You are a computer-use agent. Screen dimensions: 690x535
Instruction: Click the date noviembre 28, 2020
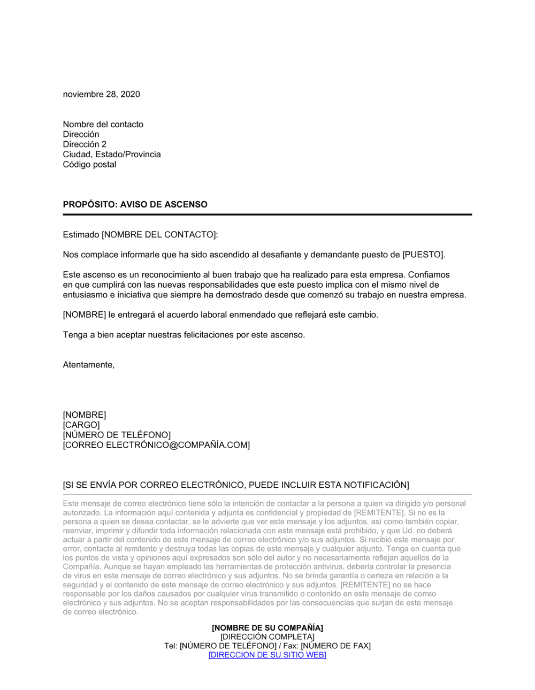[102, 95]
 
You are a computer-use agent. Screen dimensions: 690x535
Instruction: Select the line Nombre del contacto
[103, 125]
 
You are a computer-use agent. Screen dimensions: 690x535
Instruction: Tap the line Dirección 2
[85, 144]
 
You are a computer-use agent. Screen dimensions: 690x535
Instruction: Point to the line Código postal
[89, 165]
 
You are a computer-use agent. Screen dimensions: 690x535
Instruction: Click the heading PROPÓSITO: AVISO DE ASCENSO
[135, 205]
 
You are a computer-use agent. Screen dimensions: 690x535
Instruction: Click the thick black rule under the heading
[267, 214]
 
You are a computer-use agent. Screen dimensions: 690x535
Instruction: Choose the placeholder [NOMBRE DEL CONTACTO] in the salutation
[159, 235]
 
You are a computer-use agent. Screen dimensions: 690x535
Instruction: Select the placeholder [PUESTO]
[423, 255]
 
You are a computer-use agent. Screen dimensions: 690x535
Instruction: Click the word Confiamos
[429, 275]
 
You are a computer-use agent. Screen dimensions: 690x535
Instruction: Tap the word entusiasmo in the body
[86, 295]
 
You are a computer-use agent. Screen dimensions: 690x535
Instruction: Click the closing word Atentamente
[88, 365]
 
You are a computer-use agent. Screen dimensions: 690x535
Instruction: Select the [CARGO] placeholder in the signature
[81, 425]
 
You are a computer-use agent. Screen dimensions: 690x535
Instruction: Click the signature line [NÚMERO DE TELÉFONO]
[117, 435]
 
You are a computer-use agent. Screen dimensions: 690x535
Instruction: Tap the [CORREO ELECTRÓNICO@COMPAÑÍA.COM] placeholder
[156, 446]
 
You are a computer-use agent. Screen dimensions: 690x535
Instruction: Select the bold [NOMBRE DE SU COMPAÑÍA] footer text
[267, 628]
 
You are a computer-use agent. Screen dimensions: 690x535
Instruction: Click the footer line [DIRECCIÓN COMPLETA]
[267, 637]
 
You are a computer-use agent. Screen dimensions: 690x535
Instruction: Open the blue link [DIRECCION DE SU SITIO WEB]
[267, 655]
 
